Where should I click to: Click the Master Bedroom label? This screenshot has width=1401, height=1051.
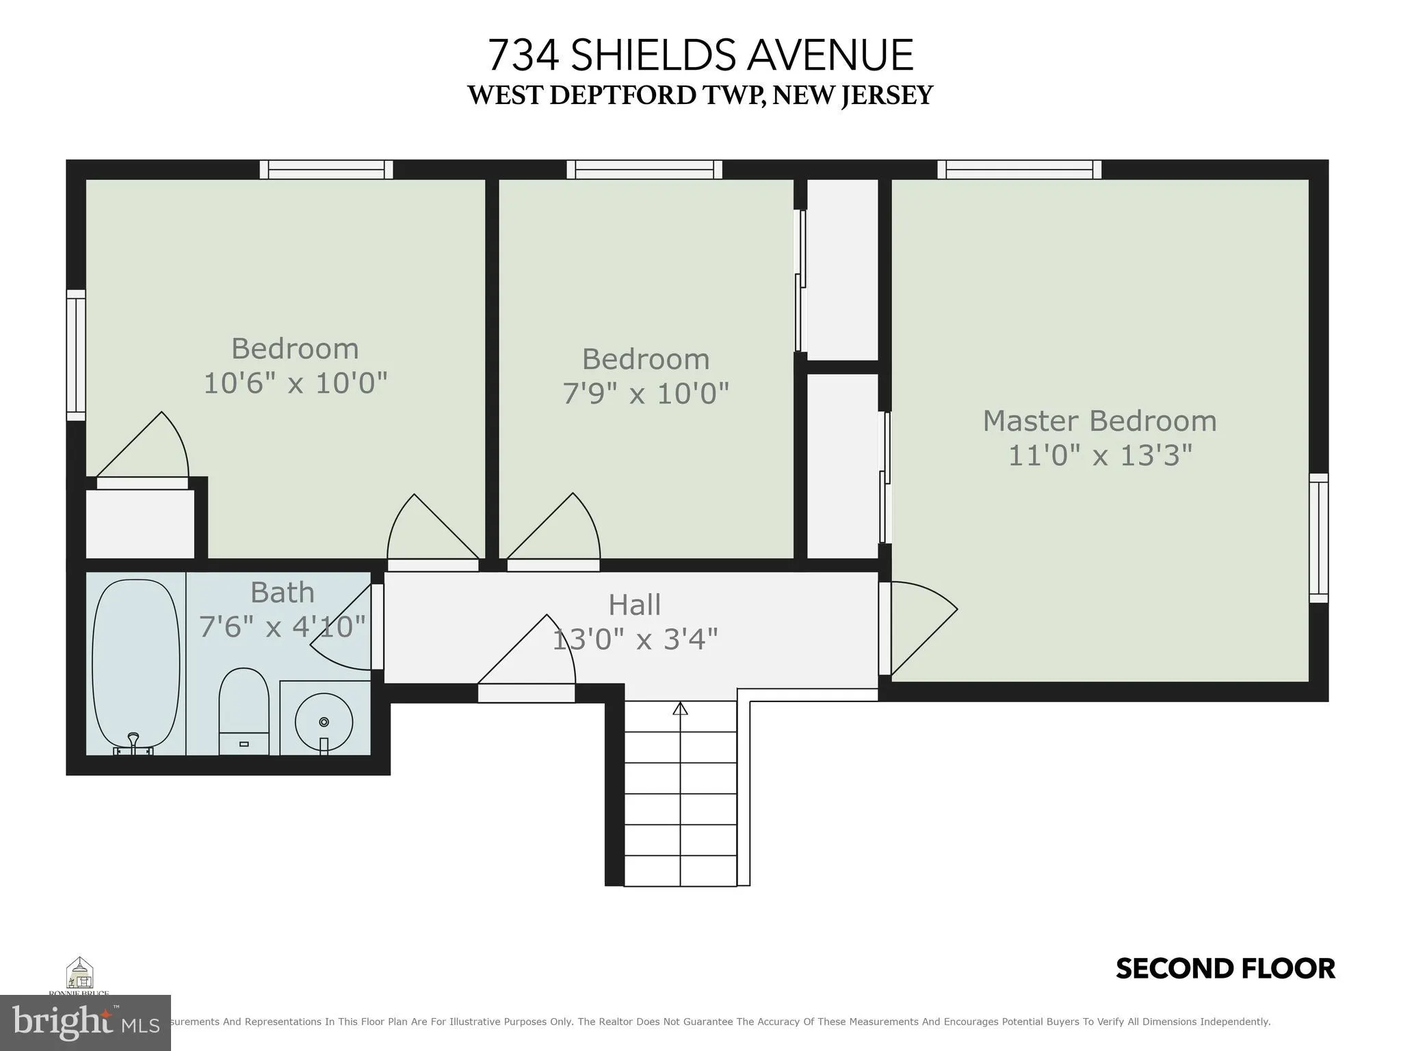coord(1099,421)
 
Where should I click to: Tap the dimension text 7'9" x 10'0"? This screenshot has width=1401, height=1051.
coord(646,393)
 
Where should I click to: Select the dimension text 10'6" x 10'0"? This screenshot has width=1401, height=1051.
coord(296,382)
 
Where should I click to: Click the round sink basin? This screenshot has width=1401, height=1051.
coord(324,722)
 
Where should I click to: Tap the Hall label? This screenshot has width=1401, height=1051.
coord(634,605)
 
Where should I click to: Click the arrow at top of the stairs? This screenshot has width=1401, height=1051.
coord(680,709)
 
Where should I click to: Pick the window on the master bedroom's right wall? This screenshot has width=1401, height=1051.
coord(1318,538)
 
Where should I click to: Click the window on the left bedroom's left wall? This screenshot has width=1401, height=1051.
coord(76,355)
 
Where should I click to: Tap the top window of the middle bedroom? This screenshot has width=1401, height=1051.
coord(644,169)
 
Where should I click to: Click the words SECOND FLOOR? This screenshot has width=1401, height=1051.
coord(1225,969)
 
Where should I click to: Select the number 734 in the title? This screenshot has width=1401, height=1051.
coord(523,55)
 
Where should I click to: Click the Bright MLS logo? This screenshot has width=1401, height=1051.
coord(85,1022)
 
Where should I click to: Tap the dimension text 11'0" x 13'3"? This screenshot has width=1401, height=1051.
coord(1099,455)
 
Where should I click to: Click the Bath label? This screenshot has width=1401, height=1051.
coord(282,593)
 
